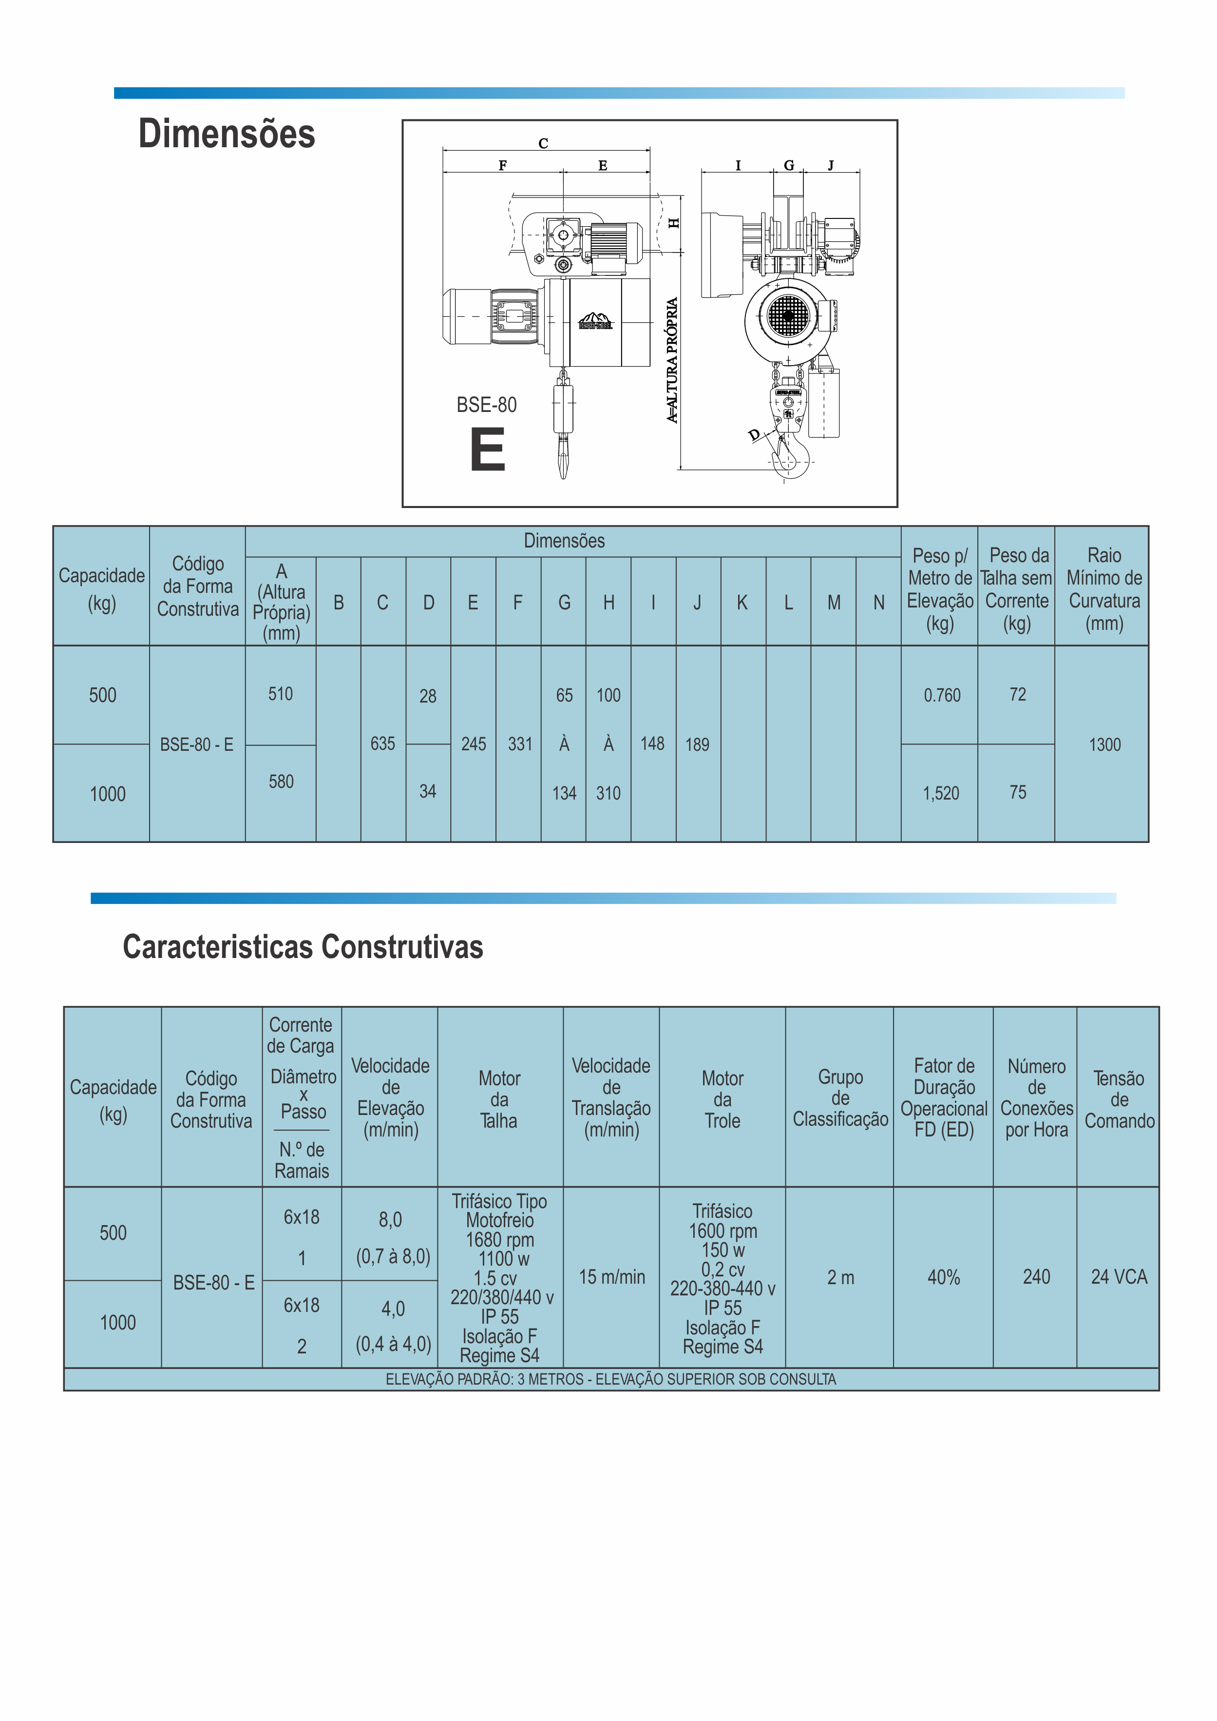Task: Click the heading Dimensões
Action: pyautogui.click(x=227, y=134)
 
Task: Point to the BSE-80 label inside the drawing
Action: pyautogui.click(x=486, y=405)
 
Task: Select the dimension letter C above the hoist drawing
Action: pyautogui.click(x=543, y=143)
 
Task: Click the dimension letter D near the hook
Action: pyautogui.click(x=754, y=435)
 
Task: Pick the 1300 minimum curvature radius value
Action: pyautogui.click(x=1104, y=744)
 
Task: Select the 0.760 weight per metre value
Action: pyautogui.click(x=941, y=696)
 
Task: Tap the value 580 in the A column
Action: pyautogui.click(x=281, y=782)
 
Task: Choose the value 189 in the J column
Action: pyautogui.click(x=697, y=744)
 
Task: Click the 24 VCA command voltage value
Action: pyautogui.click(x=1119, y=1277)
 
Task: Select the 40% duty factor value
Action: pyautogui.click(x=944, y=1277)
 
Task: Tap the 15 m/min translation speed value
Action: pyautogui.click(x=611, y=1277)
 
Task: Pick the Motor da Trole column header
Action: pyautogui.click(x=723, y=1099)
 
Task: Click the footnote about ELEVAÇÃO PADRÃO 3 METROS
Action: pyautogui.click(x=611, y=1379)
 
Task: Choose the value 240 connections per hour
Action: pyautogui.click(x=1036, y=1277)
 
